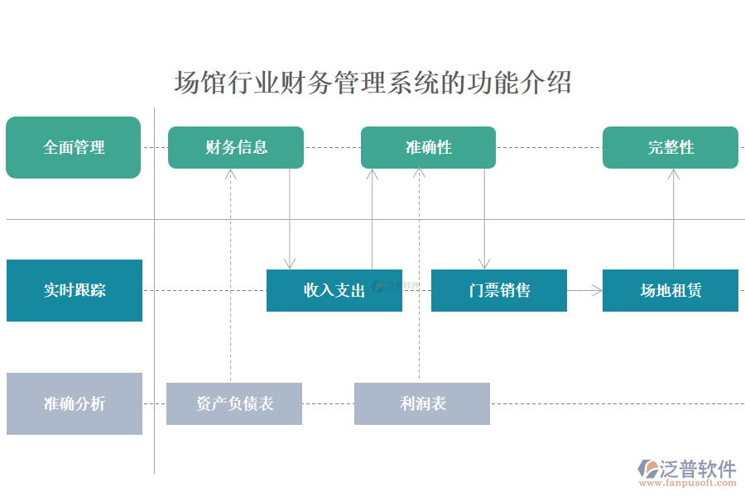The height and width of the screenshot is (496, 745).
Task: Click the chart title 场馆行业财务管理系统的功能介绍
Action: point(372,83)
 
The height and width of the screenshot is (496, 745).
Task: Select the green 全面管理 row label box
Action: point(73,147)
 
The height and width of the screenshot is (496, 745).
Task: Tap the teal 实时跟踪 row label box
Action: point(74,290)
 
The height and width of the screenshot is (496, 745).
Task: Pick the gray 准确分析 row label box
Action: point(74,403)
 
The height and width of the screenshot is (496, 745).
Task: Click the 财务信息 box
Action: point(236,147)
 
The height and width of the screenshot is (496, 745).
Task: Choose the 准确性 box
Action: point(428,147)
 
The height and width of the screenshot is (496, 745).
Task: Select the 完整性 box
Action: point(670,147)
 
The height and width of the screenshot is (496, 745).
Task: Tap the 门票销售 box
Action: point(499,290)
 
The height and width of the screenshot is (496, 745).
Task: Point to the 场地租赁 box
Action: point(670,290)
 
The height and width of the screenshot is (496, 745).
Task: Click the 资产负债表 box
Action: point(234,403)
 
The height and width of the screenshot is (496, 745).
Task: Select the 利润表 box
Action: point(422,403)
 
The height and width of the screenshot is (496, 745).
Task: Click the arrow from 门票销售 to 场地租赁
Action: point(584,290)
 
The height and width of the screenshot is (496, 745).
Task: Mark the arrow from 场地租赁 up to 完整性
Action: point(674,219)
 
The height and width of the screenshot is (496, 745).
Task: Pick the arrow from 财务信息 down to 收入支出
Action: point(290,219)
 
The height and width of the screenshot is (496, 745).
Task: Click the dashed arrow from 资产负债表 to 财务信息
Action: point(230,273)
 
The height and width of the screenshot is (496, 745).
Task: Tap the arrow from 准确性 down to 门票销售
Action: point(485,219)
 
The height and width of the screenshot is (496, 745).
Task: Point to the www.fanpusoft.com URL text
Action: point(687,484)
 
